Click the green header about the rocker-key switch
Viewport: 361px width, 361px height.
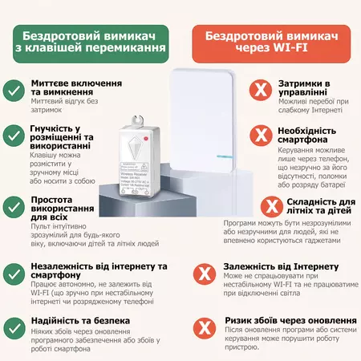click(94, 42)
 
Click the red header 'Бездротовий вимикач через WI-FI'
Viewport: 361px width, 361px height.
click(270, 42)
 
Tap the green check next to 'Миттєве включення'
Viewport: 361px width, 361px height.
click(13, 90)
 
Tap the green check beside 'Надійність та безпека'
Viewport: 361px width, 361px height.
click(13, 325)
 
